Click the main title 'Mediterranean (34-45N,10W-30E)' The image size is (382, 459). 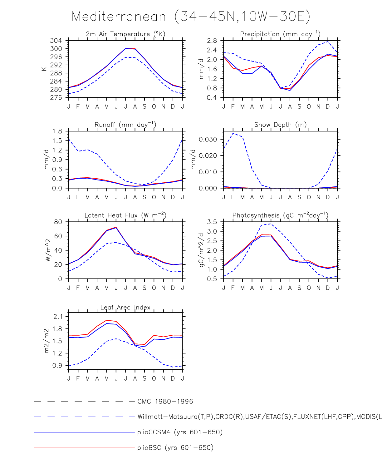191,16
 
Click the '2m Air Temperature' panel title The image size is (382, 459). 125,34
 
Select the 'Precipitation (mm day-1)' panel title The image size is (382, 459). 280,34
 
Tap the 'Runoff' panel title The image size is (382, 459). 125,125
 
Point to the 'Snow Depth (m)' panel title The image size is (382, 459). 280,125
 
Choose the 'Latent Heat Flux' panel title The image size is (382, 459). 125,215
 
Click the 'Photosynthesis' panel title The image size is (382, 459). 280,215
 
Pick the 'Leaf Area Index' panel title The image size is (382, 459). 125,307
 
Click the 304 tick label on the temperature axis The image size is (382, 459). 56,41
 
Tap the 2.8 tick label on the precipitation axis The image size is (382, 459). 212,41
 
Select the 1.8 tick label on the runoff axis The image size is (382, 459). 57,131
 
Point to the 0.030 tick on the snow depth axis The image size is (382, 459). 208,139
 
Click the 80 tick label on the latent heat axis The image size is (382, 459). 58,222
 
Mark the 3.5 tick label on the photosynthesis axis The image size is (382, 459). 212,222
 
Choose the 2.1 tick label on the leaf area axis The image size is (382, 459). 58,317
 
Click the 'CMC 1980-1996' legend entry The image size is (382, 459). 165,402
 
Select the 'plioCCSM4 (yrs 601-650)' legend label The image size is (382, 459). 180,432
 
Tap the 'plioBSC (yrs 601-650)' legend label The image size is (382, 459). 175,448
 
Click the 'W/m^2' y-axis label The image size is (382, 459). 48,250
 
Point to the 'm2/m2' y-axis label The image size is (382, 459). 47,341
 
